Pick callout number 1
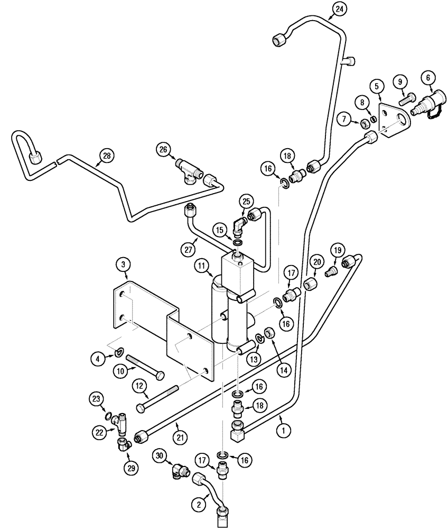click(x=283, y=431)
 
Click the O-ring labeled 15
click(x=238, y=243)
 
